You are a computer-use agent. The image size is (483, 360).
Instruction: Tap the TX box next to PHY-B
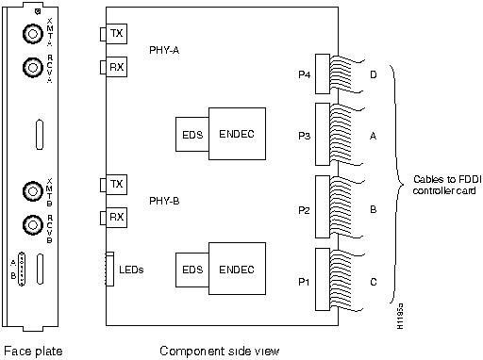click(116, 184)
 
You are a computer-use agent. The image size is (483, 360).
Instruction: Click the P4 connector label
click(303, 71)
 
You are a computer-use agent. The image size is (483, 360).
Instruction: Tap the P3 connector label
click(303, 135)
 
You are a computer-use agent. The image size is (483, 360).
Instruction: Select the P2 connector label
click(303, 211)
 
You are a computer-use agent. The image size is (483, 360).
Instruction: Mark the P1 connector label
click(303, 281)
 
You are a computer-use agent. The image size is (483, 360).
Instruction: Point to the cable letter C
click(374, 281)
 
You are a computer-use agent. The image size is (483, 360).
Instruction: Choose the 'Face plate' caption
click(33, 351)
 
